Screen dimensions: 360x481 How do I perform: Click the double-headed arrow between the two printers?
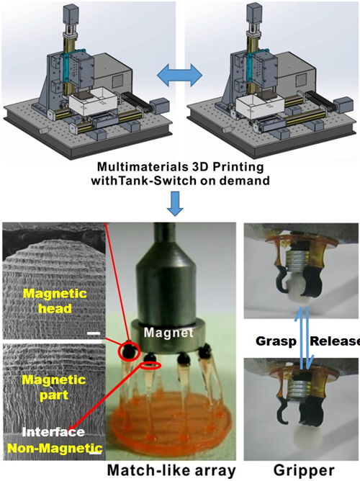179,75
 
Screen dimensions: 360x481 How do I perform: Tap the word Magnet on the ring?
168,333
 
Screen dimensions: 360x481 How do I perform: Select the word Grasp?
276,341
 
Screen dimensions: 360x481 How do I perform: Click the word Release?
335,341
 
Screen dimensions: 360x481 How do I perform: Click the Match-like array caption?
171,470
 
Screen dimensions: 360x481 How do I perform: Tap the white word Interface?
53,432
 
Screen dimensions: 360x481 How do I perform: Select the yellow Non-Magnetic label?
55,448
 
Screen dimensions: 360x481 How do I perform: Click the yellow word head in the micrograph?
55,308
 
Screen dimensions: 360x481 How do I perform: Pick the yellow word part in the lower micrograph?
54,395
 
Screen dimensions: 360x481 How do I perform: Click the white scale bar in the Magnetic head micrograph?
94,333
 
